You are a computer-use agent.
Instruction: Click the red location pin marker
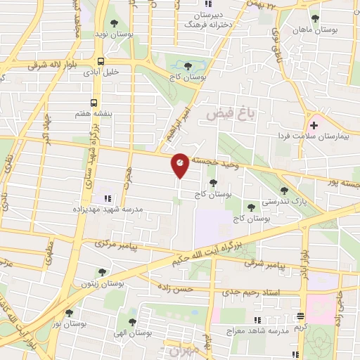click(180, 164)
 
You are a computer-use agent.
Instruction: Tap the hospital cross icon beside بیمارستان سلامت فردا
click(314, 125)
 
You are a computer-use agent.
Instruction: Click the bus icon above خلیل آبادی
click(102, 61)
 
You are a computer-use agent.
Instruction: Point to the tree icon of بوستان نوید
click(114, 23)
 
